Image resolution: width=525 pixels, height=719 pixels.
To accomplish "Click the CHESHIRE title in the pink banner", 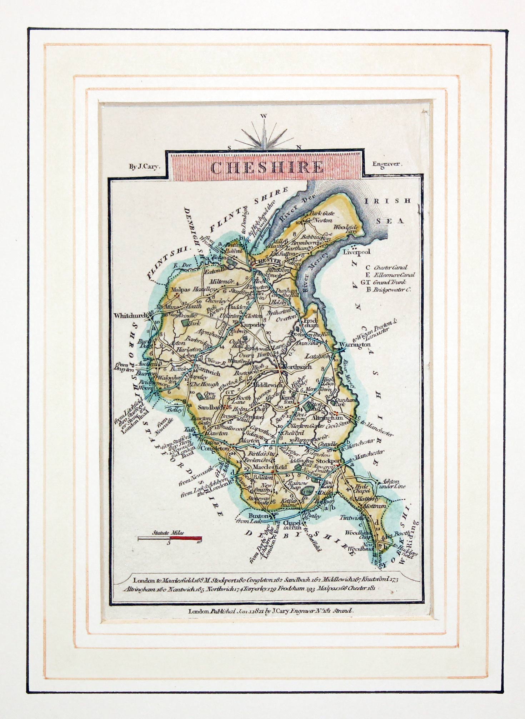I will [267, 168].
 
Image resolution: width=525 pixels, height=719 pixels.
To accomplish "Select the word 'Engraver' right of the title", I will [387, 165].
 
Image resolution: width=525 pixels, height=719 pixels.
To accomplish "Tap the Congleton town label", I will [214, 448].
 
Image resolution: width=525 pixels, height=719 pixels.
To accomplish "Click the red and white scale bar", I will [170, 538].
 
